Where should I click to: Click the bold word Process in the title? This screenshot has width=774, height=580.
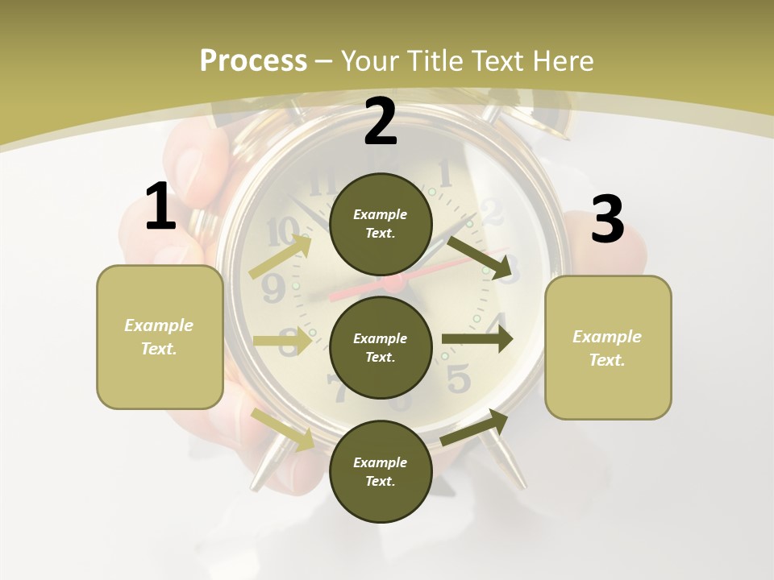pyautogui.click(x=253, y=60)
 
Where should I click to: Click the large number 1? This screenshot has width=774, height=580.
pyautogui.click(x=160, y=207)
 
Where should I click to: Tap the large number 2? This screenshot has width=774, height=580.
pyautogui.click(x=381, y=122)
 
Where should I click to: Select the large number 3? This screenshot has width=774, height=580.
pyautogui.click(x=607, y=220)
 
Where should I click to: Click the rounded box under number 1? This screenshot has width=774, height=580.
pyautogui.click(x=160, y=337)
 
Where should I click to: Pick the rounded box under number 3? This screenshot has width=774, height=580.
pyautogui.click(x=608, y=347)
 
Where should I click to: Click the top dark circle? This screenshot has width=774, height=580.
pyautogui.click(x=381, y=224)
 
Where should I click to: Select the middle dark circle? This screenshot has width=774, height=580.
pyautogui.click(x=381, y=347)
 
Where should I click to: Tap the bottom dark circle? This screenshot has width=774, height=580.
pyautogui.click(x=381, y=471)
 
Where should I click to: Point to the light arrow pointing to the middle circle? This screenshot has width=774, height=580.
pyautogui.click(x=282, y=341)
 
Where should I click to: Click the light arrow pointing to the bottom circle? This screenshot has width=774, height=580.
pyautogui.click(x=282, y=429)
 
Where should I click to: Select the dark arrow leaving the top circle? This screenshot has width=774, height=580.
pyautogui.click(x=481, y=257)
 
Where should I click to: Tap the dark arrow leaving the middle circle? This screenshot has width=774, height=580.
pyautogui.click(x=477, y=339)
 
